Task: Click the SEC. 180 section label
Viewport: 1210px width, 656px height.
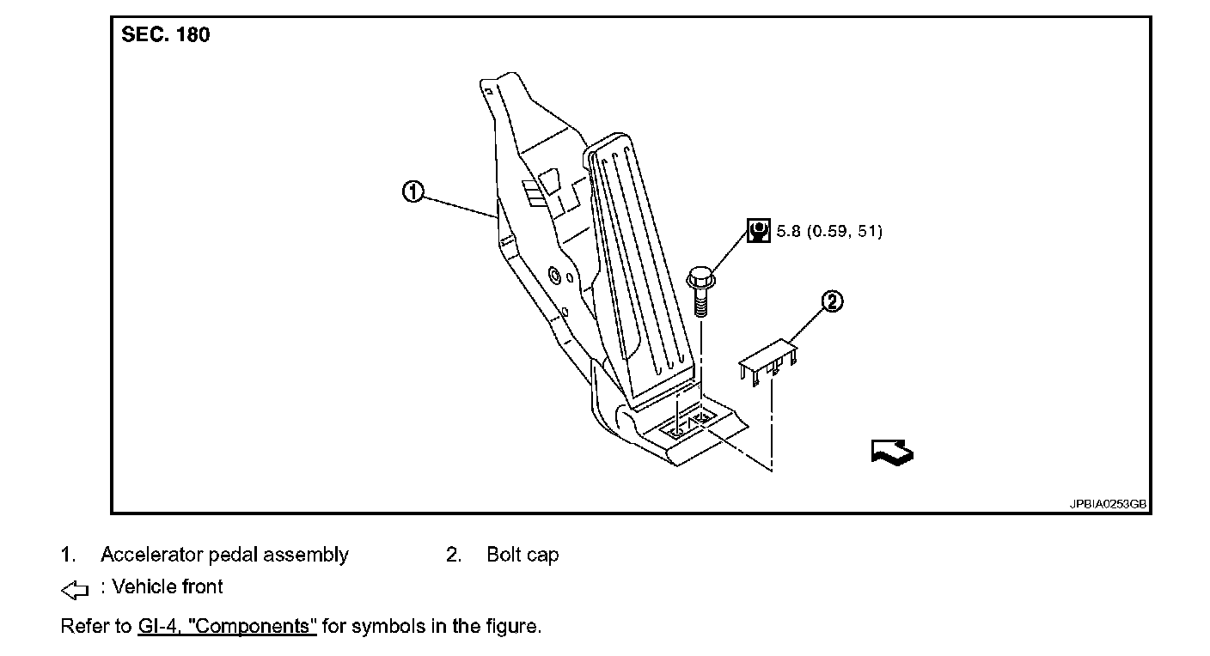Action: pos(166,36)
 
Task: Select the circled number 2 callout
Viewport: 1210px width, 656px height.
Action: pos(832,301)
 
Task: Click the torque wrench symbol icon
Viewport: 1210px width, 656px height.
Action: pos(759,231)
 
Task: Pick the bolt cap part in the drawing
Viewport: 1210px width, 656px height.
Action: pos(768,358)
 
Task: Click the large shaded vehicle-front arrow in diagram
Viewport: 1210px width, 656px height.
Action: pos(891,451)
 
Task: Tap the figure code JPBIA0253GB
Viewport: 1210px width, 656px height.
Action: pos(1108,505)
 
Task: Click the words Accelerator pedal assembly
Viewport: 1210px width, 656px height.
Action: pos(224,555)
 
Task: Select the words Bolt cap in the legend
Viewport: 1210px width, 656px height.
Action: pos(522,555)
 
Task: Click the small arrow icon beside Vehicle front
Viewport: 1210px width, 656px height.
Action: pos(76,589)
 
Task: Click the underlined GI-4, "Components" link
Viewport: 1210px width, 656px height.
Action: pos(227,626)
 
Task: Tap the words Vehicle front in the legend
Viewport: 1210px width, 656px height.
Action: pos(168,587)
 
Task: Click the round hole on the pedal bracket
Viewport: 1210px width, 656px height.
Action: pos(553,276)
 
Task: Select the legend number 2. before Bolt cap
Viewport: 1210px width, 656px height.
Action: pos(454,555)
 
